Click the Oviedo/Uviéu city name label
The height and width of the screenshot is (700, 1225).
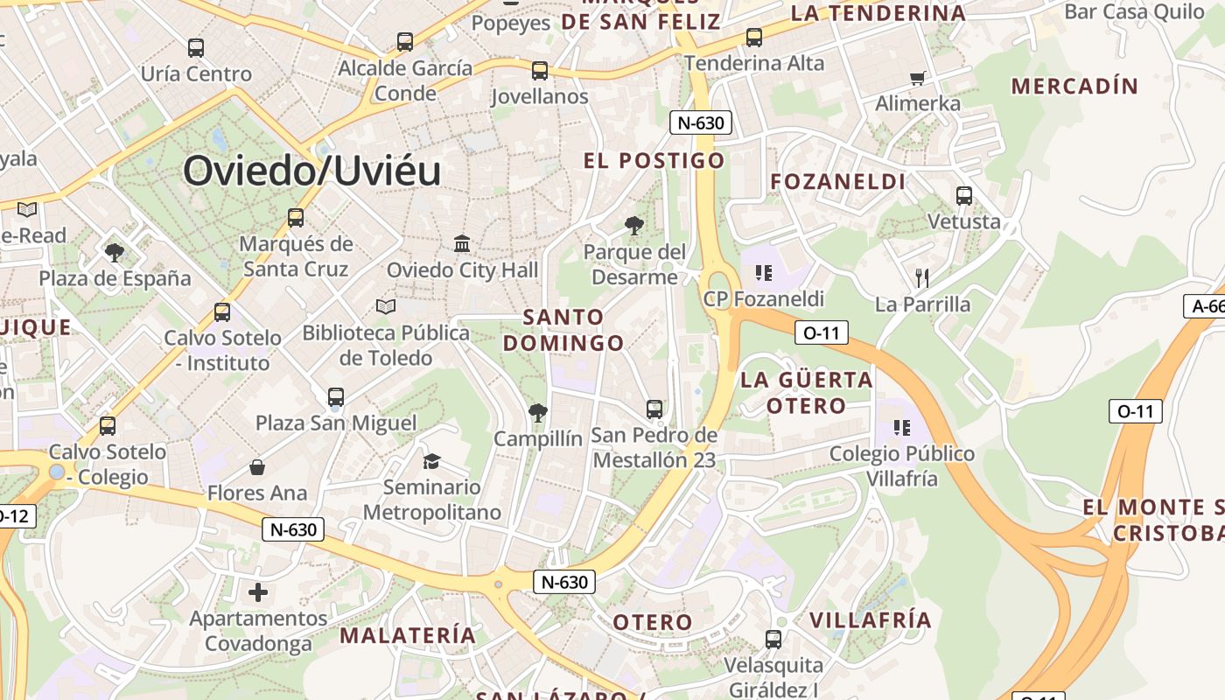[311, 171]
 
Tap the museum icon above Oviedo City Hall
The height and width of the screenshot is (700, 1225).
[462, 243]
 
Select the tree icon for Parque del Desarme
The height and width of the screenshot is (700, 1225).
[634, 226]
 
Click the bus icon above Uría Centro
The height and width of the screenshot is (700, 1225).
[196, 48]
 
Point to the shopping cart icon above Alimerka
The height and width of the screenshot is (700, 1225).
[918, 78]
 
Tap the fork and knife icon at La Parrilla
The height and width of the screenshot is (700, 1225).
[921, 278]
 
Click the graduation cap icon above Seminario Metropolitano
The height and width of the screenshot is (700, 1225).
[431, 461]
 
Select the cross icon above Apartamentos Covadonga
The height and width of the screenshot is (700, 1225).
[258, 592]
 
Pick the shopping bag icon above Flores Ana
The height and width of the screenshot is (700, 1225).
[257, 467]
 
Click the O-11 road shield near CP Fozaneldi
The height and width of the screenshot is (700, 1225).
[822, 332]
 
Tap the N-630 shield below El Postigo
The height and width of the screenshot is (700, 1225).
[700, 122]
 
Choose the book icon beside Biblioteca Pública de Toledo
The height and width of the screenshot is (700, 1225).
[386, 306]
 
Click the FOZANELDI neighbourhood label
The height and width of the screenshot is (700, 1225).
[837, 182]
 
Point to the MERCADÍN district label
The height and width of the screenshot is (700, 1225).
[1074, 87]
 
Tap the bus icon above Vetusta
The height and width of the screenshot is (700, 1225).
[964, 196]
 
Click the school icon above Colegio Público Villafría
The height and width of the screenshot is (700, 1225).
[902, 428]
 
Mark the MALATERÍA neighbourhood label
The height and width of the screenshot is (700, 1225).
[408, 635]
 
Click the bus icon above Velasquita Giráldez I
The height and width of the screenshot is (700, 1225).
[773, 640]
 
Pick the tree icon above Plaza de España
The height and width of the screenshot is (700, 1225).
[114, 253]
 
